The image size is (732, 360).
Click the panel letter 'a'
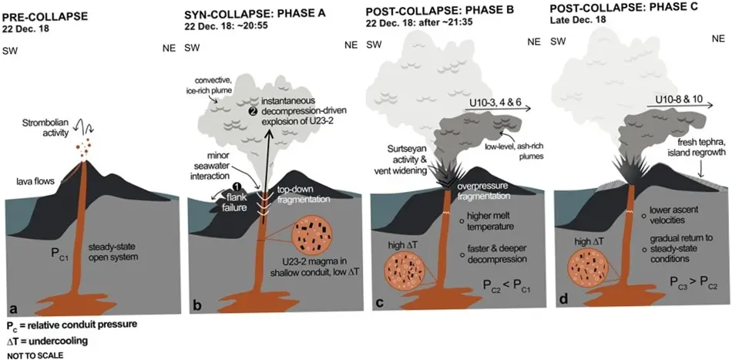pos(13,308)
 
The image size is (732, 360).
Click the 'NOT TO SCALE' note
pos(35,355)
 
